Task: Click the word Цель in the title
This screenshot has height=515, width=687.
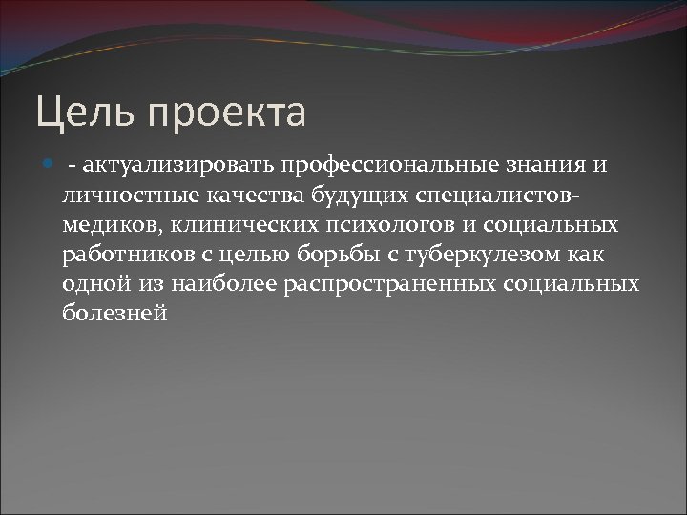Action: point(80,113)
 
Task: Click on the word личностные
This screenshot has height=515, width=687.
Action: point(119,196)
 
